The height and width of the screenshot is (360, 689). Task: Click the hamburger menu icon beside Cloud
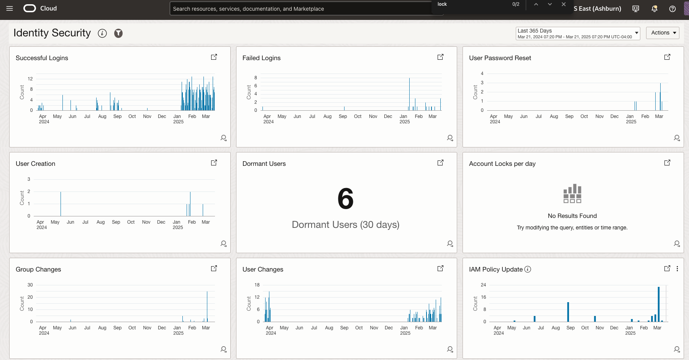(10, 8)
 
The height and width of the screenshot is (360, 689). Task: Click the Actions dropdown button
(663, 33)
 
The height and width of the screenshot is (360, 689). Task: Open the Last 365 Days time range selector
(577, 33)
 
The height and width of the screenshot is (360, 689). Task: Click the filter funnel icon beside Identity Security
(118, 33)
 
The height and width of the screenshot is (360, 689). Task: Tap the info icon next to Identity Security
(102, 33)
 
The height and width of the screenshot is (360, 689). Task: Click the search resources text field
(299, 9)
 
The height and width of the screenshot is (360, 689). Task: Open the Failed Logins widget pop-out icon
(440, 57)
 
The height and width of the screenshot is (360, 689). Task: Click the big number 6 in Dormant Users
(345, 199)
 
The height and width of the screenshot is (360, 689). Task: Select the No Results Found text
(572, 216)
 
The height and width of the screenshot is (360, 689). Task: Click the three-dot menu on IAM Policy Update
(677, 269)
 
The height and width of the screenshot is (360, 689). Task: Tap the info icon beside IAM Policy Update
(528, 269)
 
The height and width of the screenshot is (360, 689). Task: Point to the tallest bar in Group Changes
(207, 306)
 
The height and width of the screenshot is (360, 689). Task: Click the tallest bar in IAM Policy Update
(659, 304)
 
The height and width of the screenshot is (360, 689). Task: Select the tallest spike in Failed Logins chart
(409, 94)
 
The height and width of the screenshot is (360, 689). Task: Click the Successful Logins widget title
(42, 58)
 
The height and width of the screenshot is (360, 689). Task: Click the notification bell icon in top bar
(655, 9)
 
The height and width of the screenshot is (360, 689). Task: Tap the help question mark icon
(673, 9)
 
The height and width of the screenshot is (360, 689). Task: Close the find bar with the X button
(564, 4)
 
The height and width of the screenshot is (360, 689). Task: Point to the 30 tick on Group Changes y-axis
(30, 285)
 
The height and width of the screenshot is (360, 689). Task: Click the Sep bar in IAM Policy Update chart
(568, 312)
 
